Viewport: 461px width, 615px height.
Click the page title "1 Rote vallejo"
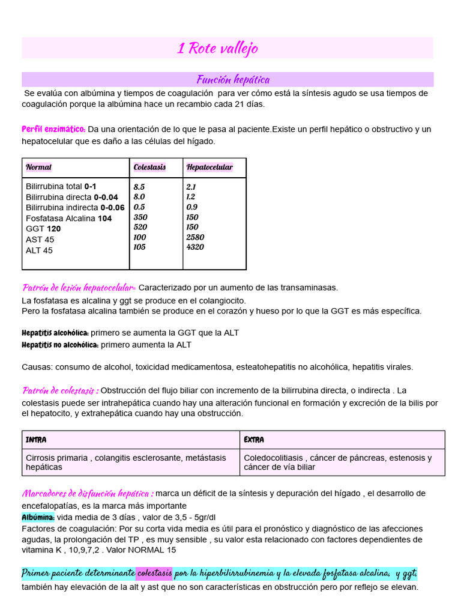pos(217,48)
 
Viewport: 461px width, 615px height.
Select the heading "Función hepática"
pos(233,79)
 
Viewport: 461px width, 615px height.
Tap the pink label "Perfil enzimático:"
pos(53,129)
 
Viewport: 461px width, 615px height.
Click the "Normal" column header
pos(38,167)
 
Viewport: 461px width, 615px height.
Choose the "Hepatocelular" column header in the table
pos(209,167)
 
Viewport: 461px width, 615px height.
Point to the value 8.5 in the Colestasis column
pos(139,187)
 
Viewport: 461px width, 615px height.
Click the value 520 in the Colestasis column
pos(140,227)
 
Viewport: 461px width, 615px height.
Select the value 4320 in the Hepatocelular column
pos(195,247)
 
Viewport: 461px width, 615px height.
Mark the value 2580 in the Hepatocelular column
pos(195,237)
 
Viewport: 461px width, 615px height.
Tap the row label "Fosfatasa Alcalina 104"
pos(68,218)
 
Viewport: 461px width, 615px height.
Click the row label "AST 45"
pos(40,239)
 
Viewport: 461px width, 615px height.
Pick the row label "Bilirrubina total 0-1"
pos(61,186)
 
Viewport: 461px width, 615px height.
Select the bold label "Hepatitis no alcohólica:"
pos(60,345)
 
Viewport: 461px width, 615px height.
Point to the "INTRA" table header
pos(36,440)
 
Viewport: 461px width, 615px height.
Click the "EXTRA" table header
pos(254,440)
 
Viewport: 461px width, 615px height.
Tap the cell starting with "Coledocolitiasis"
pos(337,462)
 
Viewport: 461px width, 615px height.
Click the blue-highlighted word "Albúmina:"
pos(38,517)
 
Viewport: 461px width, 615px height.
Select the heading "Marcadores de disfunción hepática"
pos(87,493)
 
